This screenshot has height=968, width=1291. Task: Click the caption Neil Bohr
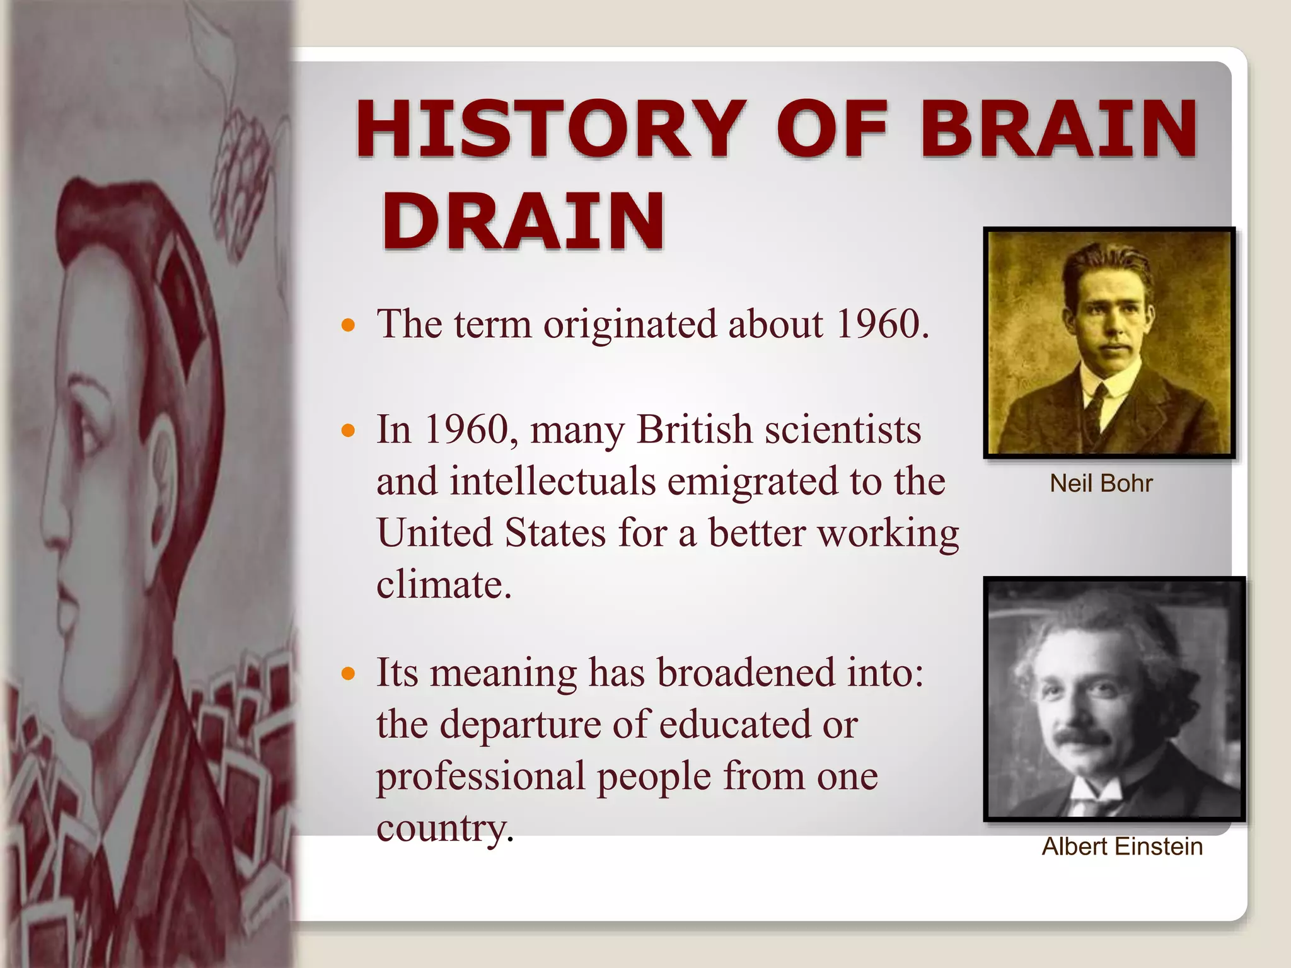(1101, 483)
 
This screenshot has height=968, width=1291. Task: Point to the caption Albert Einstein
(1122, 846)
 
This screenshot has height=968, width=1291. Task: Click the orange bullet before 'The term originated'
(348, 326)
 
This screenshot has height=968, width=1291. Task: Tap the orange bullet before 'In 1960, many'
(348, 431)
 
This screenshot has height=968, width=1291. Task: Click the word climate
(443, 585)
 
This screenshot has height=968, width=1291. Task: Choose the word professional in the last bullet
(481, 776)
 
